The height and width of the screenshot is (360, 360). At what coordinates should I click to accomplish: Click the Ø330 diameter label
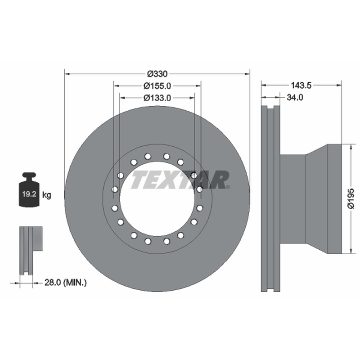[157, 74]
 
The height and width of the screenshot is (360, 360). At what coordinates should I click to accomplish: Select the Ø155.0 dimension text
[157, 86]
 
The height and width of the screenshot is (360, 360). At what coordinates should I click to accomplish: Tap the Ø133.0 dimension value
[157, 98]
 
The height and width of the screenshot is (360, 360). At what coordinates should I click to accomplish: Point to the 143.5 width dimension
[301, 85]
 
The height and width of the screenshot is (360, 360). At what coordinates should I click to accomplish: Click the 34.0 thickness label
[295, 98]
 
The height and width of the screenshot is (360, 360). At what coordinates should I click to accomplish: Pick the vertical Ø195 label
[351, 198]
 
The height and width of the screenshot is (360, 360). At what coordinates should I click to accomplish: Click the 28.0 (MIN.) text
[65, 283]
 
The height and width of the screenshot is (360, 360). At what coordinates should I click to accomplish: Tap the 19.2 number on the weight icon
[29, 194]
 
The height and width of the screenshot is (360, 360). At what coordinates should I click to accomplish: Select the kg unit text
[47, 195]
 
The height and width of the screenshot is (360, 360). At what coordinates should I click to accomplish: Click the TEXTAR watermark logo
[180, 180]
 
